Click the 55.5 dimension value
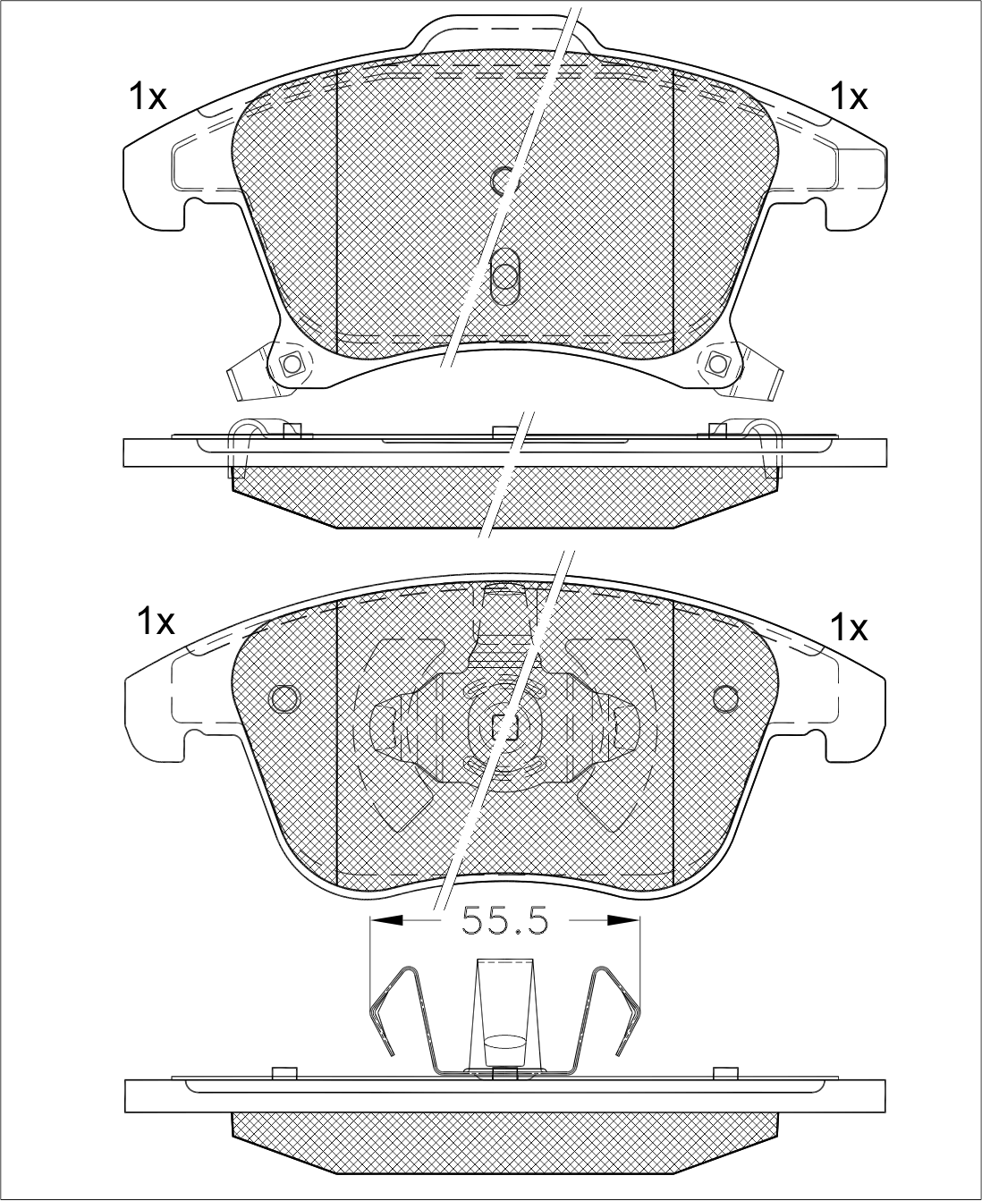click(x=504, y=921)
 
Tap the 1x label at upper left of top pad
click(x=148, y=96)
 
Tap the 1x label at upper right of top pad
click(x=850, y=96)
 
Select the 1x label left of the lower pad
click(x=156, y=622)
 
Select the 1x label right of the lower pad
click(x=850, y=628)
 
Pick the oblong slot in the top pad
click(x=504, y=276)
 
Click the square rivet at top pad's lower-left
click(x=292, y=362)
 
